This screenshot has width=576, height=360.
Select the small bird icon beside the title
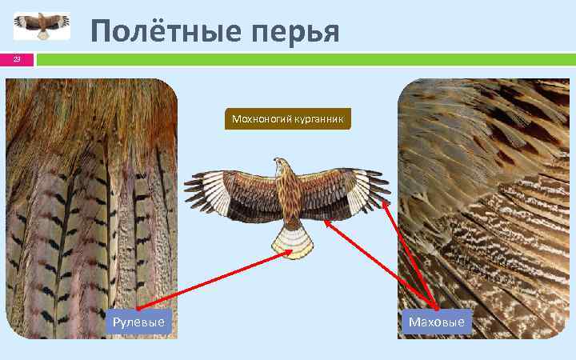pos(42,26)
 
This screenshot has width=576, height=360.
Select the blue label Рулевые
pos(139,322)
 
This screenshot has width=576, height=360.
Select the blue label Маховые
pos(436,322)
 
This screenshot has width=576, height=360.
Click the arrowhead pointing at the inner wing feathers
pos(326,224)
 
